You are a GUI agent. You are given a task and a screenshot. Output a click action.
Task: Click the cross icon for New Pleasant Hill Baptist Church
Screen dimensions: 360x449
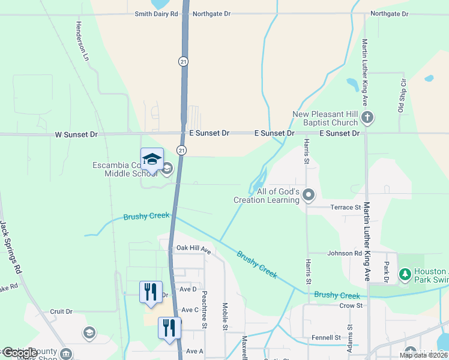coord(367,118)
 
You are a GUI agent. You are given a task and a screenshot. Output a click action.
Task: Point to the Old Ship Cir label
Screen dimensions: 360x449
coord(402,95)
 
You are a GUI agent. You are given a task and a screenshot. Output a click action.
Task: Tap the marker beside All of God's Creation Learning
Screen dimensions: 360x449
coord(309,195)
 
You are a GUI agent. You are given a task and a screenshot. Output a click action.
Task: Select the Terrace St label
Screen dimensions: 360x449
coord(345,206)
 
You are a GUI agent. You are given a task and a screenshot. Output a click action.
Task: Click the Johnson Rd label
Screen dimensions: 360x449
coord(345,253)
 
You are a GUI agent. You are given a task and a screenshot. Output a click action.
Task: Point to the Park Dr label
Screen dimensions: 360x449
coord(387,272)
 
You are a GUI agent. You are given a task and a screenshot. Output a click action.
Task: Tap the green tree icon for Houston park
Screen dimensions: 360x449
coord(405,274)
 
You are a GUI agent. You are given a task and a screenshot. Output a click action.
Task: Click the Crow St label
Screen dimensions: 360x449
coord(351,305)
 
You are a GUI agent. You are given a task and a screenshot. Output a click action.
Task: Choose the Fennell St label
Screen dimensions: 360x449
coord(327,338)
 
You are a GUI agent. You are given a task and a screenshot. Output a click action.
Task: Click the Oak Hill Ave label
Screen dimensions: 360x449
coord(193,248)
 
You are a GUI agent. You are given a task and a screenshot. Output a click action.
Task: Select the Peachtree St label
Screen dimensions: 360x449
coord(205,310)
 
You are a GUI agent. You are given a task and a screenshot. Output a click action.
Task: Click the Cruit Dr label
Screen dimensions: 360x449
coord(61,311)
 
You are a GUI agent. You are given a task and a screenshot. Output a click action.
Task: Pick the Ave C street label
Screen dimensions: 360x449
coord(190,310)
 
